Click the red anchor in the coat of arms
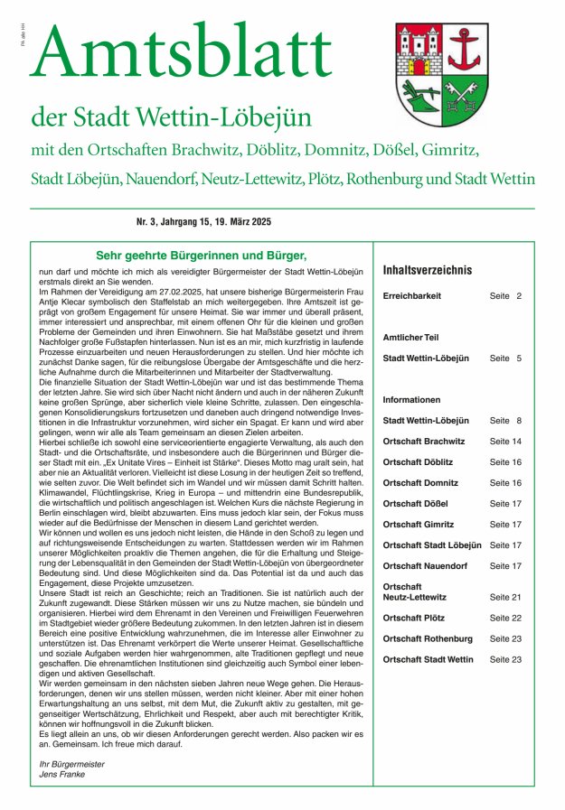(x=466, y=49)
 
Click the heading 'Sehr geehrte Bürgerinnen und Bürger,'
(x=202, y=256)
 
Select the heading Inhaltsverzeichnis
(x=428, y=270)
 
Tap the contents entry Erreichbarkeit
(x=412, y=296)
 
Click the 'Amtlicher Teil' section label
(x=410, y=338)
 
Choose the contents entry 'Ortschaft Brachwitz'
(x=423, y=442)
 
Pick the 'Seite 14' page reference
(x=505, y=442)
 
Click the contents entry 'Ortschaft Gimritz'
(x=419, y=525)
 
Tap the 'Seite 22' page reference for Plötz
(x=505, y=619)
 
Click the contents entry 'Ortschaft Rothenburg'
(x=428, y=639)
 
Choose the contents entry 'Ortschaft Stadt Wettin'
(x=428, y=660)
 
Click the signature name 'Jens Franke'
(x=60, y=776)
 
